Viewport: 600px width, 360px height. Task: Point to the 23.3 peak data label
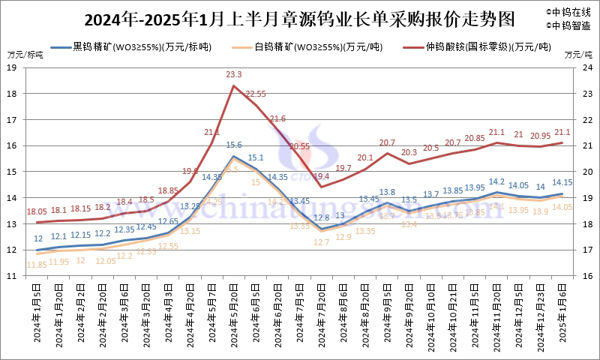tap(234, 74)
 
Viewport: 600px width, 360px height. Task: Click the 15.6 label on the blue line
tap(234, 145)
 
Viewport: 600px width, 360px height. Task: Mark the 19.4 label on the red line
tap(322, 176)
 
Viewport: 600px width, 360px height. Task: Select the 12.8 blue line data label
tap(322, 217)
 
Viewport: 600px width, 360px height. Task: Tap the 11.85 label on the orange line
tap(37, 264)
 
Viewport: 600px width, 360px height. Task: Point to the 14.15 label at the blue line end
tap(562, 182)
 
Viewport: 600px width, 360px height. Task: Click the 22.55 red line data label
tap(256, 94)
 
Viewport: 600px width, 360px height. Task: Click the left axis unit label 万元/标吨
tap(25, 55)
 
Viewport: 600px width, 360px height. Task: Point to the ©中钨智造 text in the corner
tap(570, 25)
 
